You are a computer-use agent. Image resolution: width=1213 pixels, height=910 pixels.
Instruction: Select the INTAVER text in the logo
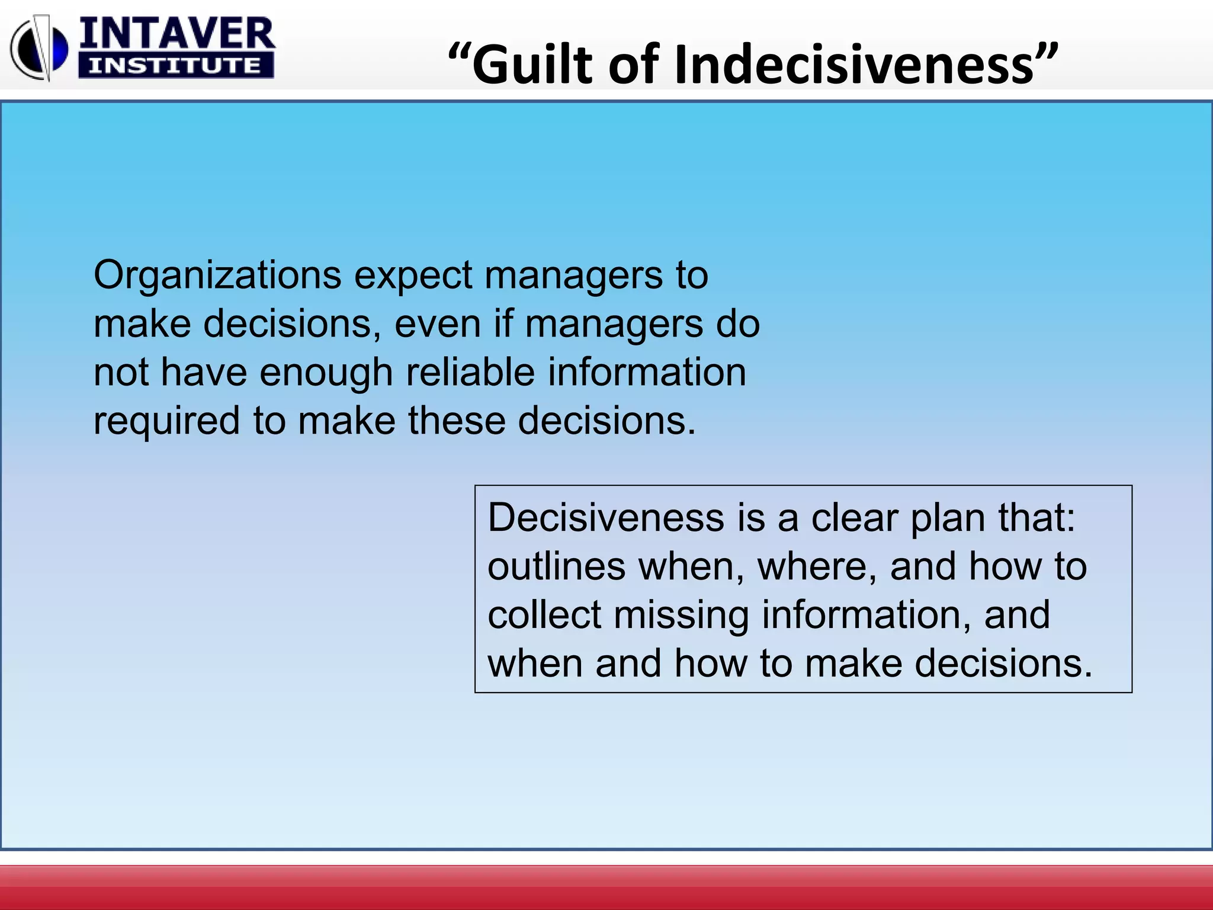177,34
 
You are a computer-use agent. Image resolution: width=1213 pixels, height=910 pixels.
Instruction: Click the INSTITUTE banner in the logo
175,66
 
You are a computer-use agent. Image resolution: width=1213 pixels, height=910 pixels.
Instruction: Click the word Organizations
217,275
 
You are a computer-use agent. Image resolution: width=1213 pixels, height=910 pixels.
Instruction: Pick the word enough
326,373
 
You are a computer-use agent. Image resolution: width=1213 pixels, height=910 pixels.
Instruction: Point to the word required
166,421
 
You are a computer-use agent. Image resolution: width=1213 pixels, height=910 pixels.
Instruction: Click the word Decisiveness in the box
606,518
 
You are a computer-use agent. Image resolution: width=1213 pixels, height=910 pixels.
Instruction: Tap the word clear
854,518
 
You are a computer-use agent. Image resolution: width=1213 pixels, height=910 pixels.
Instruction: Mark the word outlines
556,566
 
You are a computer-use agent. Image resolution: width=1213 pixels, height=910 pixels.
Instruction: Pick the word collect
544,615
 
